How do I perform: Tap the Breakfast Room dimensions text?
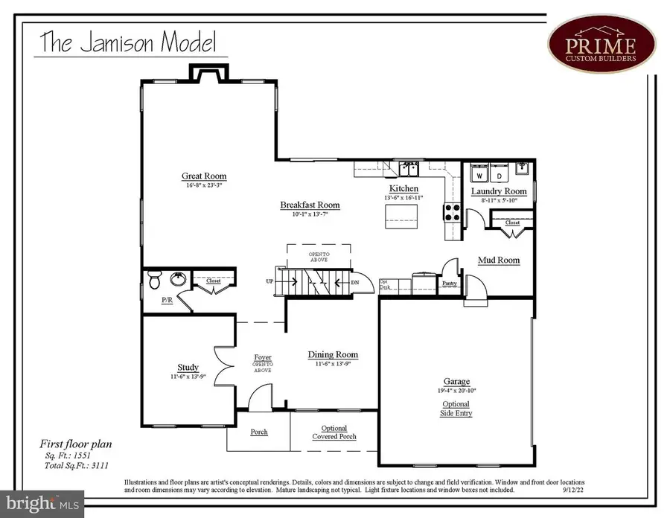pos(310,214)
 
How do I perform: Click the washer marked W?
pos(479,176)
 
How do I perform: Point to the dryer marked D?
pos(500,176)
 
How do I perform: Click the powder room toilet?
pos(154,281)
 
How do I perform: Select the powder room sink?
pos(177,280)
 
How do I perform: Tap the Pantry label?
pos(449,284)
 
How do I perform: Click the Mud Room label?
pos(498,260)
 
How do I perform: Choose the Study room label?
pos(188,367)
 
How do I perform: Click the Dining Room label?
pos(333,355)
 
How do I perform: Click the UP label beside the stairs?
pos(270,281)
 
